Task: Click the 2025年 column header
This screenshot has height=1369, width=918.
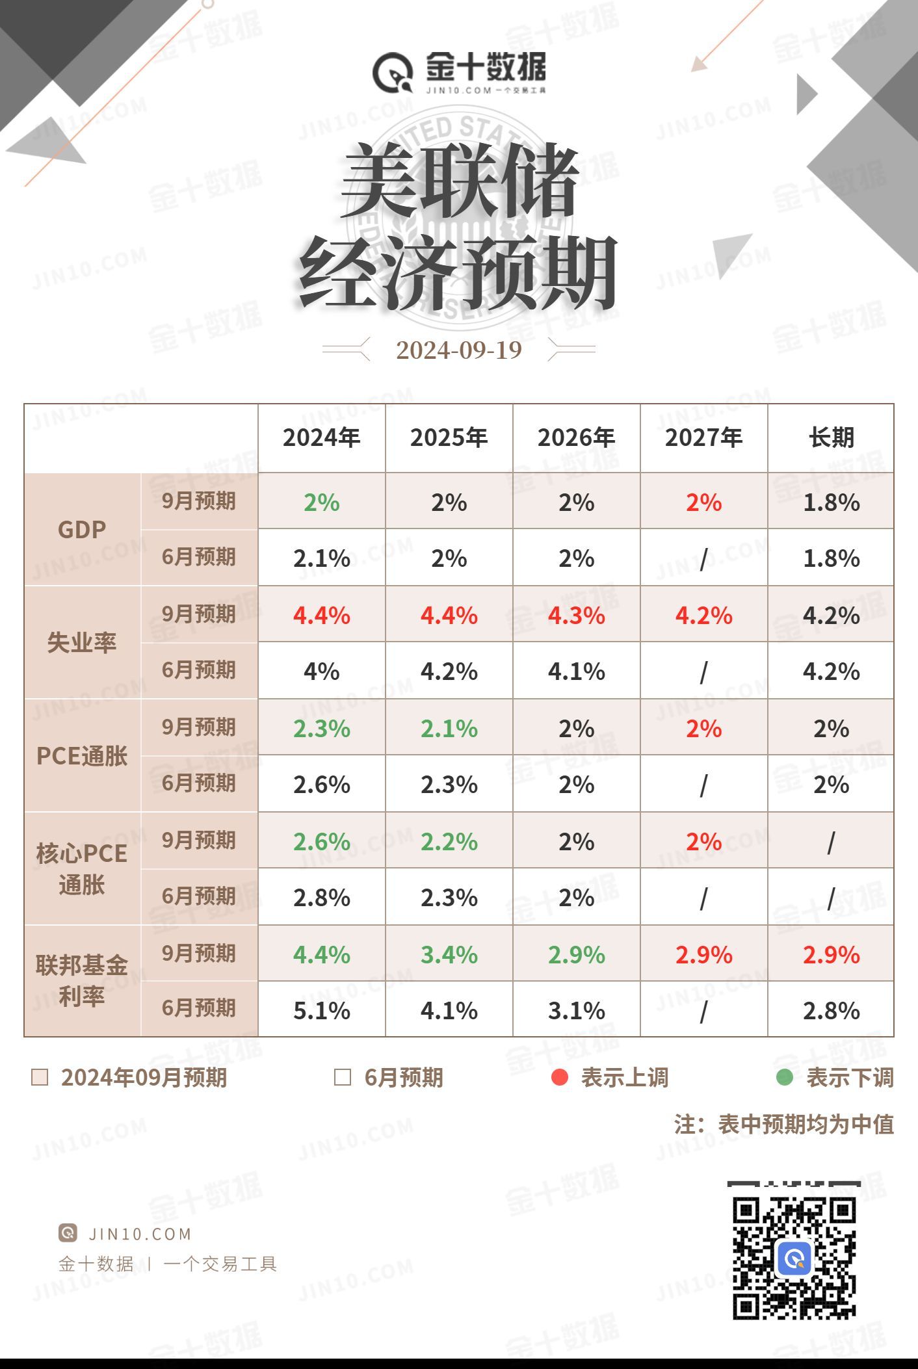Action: (x=449, y=437)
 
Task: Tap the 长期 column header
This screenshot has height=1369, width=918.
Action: (x=831, y=437)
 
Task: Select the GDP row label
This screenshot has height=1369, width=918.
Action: (x=82, y=530)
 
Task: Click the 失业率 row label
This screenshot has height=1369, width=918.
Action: (x=82, y=643)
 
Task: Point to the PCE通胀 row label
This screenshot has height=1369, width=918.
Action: (x=82, y=756)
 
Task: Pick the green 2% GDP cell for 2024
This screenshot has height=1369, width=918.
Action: (x=321, y=502)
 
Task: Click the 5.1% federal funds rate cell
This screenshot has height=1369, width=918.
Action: (x=321, y=1011)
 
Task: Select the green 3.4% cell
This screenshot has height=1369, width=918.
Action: (x=449, y=955)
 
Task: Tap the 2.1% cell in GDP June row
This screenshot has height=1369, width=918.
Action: (x=321, y=558)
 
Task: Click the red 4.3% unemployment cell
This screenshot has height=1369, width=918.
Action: (x=576, y=616)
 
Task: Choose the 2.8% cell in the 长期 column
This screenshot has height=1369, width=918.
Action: (x=831, y=1011)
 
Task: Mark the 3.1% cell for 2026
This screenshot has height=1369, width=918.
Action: (x=576, y=1011)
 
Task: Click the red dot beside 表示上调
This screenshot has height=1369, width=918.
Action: (x=559, y=1077)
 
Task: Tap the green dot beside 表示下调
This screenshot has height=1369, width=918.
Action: (x=785, y=1077)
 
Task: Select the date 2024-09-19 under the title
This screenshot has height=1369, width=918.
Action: (x=459, y=350)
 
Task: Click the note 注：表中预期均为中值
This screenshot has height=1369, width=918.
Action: (x=783, y=1124)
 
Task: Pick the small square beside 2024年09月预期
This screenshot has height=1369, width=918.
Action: (x=40, y=1077)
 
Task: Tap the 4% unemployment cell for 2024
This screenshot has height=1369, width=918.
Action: (x=321, y=671)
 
